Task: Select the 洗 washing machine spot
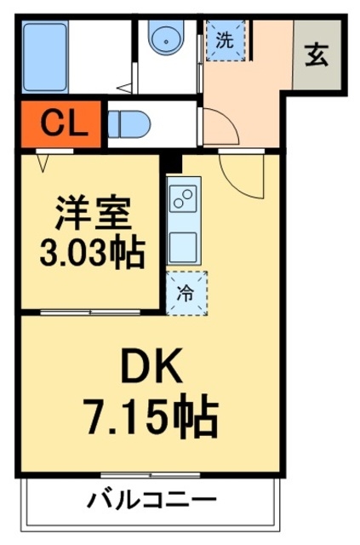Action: point(225,40)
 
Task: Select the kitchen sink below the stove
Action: point(183,244)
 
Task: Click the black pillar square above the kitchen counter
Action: point(174,160)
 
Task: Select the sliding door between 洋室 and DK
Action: point(89,312)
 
